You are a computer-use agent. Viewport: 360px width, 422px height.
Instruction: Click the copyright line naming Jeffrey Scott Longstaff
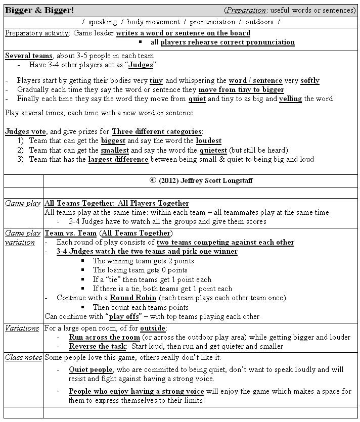coord(201,180)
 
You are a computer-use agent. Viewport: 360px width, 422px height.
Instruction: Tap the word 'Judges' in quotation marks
coord(141,65)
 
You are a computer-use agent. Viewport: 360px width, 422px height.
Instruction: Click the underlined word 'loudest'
coord(208,141)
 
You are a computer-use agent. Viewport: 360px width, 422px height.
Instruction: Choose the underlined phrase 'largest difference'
coord(118,159)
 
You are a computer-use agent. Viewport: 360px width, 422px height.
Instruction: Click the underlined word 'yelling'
coord(290,99)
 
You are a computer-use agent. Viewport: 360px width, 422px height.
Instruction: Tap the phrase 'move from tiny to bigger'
coord(238,89)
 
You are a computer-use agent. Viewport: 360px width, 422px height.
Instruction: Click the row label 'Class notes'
coord(23,357)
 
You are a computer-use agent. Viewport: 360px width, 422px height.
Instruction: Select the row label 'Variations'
coord(22,328)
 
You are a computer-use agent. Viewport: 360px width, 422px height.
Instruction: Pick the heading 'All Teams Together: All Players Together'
coord(117,203)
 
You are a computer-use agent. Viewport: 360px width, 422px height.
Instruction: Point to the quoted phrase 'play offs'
coord(124,317)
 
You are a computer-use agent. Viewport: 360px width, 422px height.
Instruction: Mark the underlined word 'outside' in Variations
coord(151,328)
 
